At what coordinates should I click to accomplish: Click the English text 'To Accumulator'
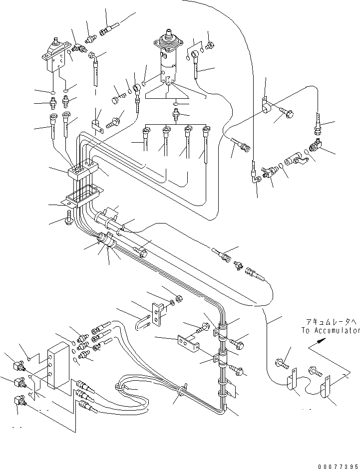[331, 330]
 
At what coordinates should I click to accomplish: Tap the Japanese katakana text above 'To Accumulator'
[331, 322]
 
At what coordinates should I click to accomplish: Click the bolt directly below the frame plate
[69, 218]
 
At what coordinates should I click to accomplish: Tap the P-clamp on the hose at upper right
[266, 106]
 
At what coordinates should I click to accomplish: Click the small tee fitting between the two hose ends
[238, 265]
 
